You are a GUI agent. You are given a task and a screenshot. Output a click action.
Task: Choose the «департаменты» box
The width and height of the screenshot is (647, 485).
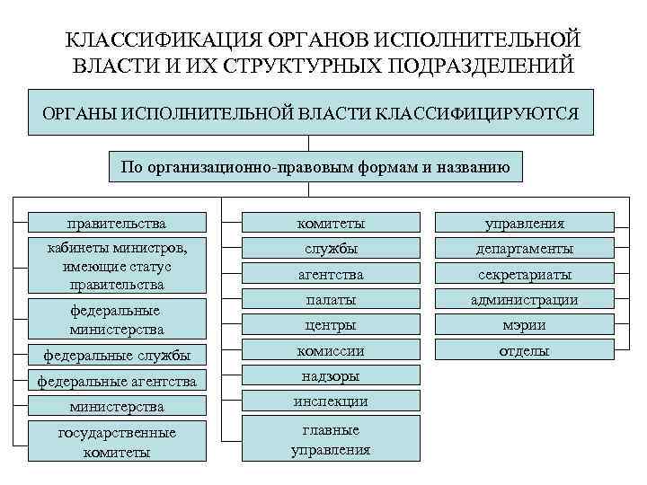click(x=525, y=248)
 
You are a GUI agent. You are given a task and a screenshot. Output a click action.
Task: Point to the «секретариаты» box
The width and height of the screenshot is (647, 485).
click(x=525, y=274)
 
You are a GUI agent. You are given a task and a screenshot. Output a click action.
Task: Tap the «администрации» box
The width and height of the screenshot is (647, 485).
click(x=525, y=299)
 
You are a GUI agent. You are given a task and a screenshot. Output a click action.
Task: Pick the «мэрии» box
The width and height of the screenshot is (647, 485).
click(x=525, y=324)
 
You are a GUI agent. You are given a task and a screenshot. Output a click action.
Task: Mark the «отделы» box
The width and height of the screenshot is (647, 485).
click(x=525, y=350)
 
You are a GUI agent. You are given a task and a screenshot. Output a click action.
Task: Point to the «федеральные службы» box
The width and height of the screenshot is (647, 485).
click(x=117, y=356)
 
